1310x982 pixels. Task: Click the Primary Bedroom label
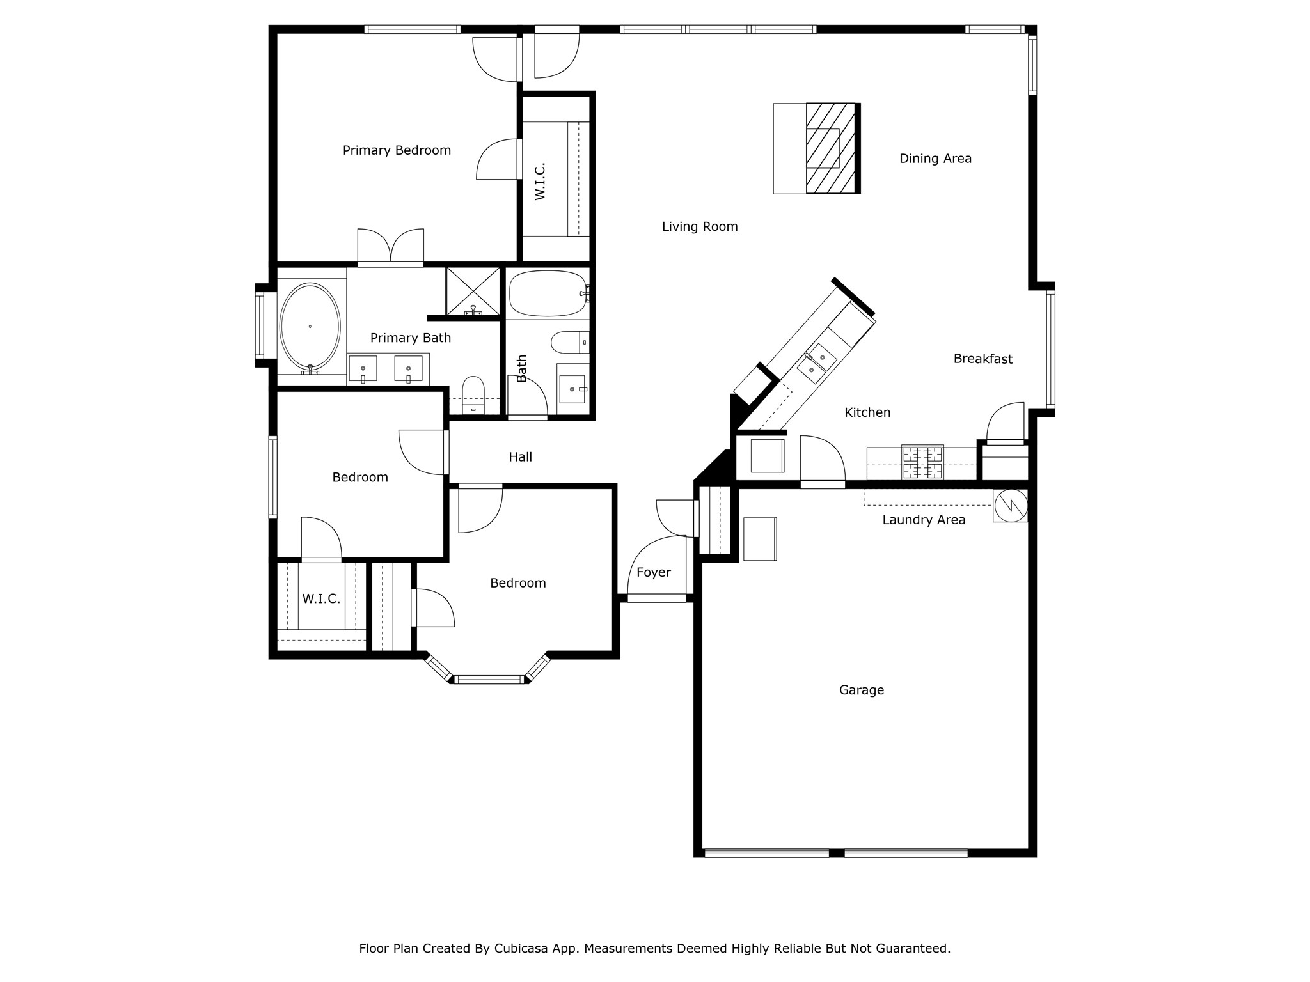coord(397,150)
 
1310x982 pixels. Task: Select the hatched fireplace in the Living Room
coord(831,148)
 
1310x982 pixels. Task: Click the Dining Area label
coord(935,159)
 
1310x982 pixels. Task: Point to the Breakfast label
coord(983,359)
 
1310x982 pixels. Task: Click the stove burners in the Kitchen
coord(922,462)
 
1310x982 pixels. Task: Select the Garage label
coord(862,690)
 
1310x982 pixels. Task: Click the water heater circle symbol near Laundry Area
coord(1011,505)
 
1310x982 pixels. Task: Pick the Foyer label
coord(654,573)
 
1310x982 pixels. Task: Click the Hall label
coord(521,457)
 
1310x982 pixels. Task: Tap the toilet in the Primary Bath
coord(473,394)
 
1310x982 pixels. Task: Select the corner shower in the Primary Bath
coord(473,292)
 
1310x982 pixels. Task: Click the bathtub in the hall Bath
coord(549,293)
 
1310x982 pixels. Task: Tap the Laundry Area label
coord(924,520)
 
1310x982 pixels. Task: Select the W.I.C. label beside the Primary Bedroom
coord(541,182)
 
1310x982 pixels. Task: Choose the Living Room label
coord(700,226)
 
